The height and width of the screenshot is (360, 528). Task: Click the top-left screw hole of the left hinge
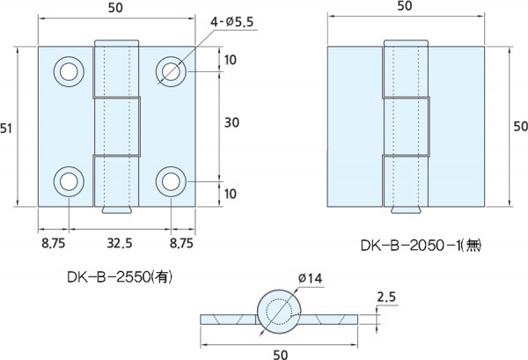pos(68,71)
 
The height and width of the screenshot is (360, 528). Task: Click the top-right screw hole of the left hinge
pos(171,71)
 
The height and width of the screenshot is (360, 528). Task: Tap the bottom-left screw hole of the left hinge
pos(68,181)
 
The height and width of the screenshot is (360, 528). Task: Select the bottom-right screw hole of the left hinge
pos(171,181)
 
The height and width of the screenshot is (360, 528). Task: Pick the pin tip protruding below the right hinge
pos(406,209)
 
